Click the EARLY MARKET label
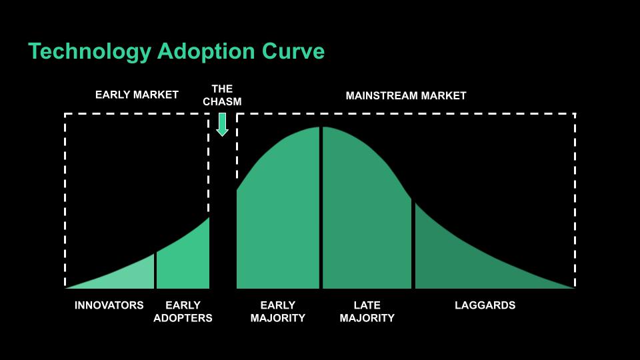pos(137,95)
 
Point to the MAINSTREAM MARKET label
pos(406,95)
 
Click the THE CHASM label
pos(223,95)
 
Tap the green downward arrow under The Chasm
pos(223,124)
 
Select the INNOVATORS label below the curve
pos(109,305)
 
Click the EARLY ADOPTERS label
pos(183,311)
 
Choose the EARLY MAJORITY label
pos(278,311)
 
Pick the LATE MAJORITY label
pos(367,311)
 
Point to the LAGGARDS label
pos(485,305)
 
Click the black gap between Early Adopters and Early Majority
pos(223,253)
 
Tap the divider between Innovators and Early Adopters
pos(156,271)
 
